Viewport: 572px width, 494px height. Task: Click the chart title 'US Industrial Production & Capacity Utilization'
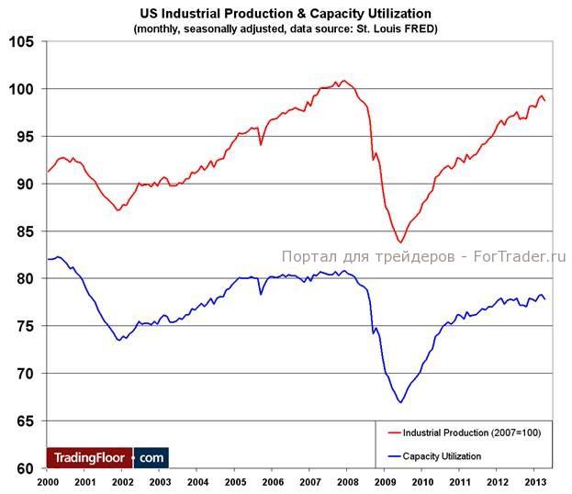point(285,14)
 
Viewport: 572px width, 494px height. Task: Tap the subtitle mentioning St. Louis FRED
point(285,28)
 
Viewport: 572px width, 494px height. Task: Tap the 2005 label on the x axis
point(235,482)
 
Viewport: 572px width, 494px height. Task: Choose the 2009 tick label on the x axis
point(386,482)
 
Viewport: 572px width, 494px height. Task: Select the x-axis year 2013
point(535,482)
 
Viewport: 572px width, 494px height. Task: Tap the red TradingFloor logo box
point(89,457)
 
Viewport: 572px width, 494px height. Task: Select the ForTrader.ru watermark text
point(424,256)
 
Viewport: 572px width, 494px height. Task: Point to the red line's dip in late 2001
point(118,210)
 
